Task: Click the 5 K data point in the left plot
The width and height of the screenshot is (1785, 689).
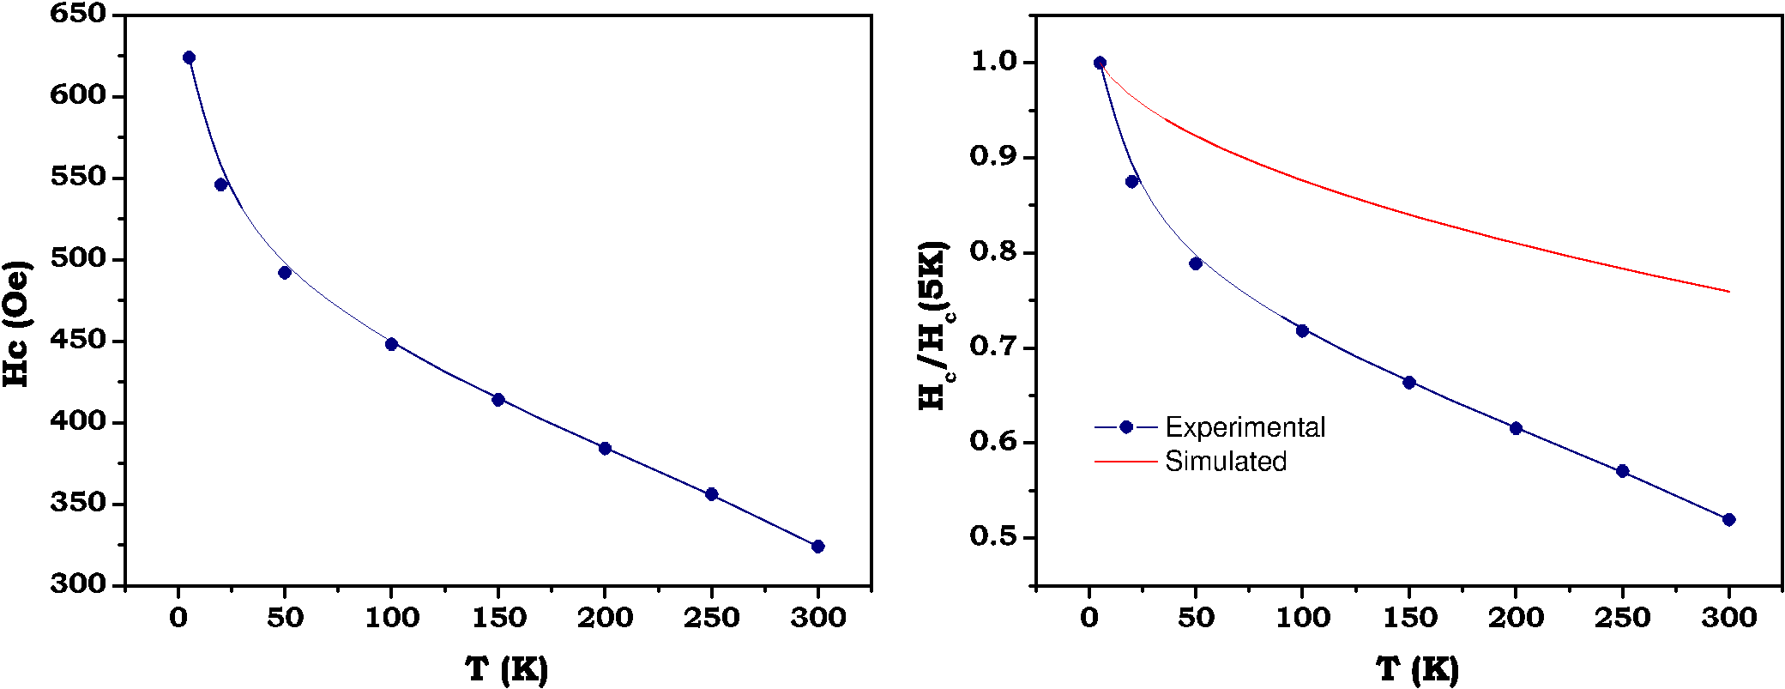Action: (189, 57)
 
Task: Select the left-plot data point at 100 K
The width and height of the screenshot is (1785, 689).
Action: (391, 344)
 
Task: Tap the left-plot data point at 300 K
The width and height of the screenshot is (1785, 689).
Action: (817, 547)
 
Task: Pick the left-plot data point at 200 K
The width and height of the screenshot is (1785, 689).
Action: (605, 449)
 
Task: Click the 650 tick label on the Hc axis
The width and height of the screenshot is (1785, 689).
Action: (78, 14)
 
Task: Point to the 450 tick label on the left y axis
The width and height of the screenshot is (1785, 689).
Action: (78, 340)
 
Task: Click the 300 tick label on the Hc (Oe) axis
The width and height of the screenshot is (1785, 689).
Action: (78, 583)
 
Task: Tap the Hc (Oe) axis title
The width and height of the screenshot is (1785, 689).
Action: (17, 323)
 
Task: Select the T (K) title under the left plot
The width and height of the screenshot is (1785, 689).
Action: (506, 669)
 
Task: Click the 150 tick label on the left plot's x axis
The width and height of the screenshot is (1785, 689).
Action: (498, 618)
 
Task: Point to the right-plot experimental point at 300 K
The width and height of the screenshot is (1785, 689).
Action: (1728, 520)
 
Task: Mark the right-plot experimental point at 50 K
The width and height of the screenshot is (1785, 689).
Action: (1196, 263)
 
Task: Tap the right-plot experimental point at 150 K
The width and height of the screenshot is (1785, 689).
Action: (1408, 383)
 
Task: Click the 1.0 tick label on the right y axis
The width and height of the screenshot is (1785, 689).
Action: (993, 62)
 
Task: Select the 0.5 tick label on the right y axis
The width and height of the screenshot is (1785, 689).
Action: (993, 537)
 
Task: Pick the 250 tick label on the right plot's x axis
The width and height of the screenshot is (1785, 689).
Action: (1622, 618)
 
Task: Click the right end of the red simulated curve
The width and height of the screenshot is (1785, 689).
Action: (1728, 292)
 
